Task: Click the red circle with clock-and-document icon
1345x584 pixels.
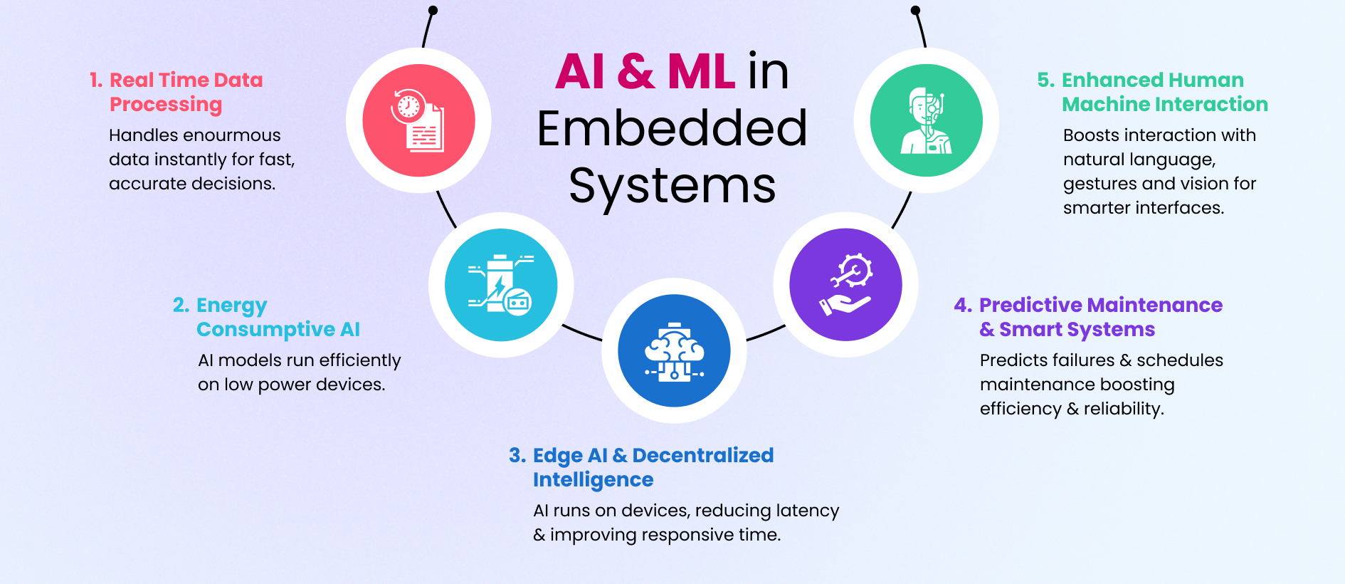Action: click(x=418, y=120)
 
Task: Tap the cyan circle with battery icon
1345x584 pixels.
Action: click(x=501, y=285)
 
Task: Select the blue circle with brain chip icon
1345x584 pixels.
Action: click(x=674, y=350)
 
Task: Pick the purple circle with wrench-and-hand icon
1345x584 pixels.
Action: click(x=845, y=285)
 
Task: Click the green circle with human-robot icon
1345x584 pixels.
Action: click(x=926, y=120)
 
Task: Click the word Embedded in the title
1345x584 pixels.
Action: click(x=672, y=129)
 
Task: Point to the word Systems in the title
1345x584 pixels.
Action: click(x=672, y=185)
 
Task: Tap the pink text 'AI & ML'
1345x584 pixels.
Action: click(x=645, y=72)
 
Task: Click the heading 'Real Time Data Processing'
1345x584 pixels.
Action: click(x=176, y=92)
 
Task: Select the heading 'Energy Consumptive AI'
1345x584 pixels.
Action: click(x=267, y=317)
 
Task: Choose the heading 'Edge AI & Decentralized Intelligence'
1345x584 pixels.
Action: click(x=642, y=467)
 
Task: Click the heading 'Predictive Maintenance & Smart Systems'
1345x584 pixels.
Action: click(x=1089, y=317)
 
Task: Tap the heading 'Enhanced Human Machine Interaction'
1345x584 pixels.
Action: click(x=1153, y=92)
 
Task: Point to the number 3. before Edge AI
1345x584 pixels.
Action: click(x=517, y=455)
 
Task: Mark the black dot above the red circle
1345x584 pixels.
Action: click(x=433, y=10)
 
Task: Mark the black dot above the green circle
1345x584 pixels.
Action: click(x=915, y=10)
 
